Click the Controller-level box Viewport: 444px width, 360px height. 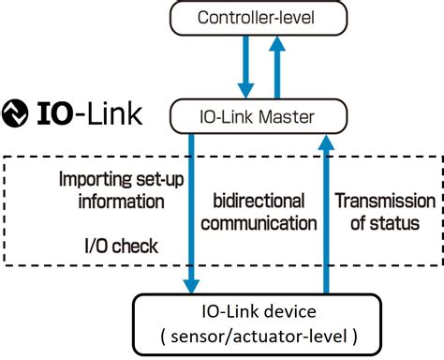click(x=257, y=18)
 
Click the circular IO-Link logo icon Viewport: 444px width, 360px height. click(x=16, y=113)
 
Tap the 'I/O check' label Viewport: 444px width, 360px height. click(x=122, y=246)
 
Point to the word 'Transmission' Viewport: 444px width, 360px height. click(x=385, y=201)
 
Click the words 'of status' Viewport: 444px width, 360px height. click(x=385, y=223)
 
